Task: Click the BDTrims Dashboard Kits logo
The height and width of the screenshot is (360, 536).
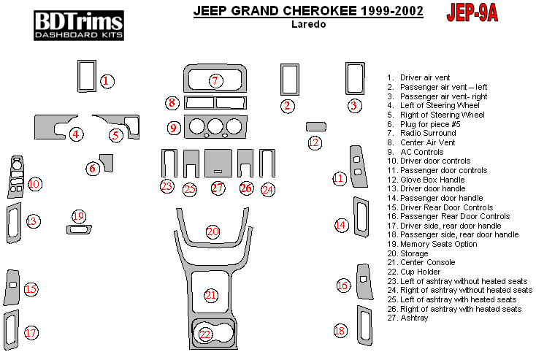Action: tap(79, 25)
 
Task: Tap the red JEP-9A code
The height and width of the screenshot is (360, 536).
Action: tap(471, 14)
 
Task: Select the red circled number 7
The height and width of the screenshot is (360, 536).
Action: tap(215, 80)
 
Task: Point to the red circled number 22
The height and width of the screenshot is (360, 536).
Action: tap(206, 334)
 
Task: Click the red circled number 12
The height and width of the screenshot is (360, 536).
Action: tap(315, 142)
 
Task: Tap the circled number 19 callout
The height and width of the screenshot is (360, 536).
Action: tap(79, 216)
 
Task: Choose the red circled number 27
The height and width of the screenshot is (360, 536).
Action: tap(217, 188)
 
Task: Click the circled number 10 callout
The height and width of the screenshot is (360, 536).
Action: tap(34, 184)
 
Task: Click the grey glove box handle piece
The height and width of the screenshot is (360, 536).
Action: tap(315, 126)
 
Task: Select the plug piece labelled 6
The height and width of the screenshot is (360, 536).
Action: tap(107, 161)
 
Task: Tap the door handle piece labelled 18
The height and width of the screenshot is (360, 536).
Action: tap(363, 321)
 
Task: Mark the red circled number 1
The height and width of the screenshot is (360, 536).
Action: tap(107, 82)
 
